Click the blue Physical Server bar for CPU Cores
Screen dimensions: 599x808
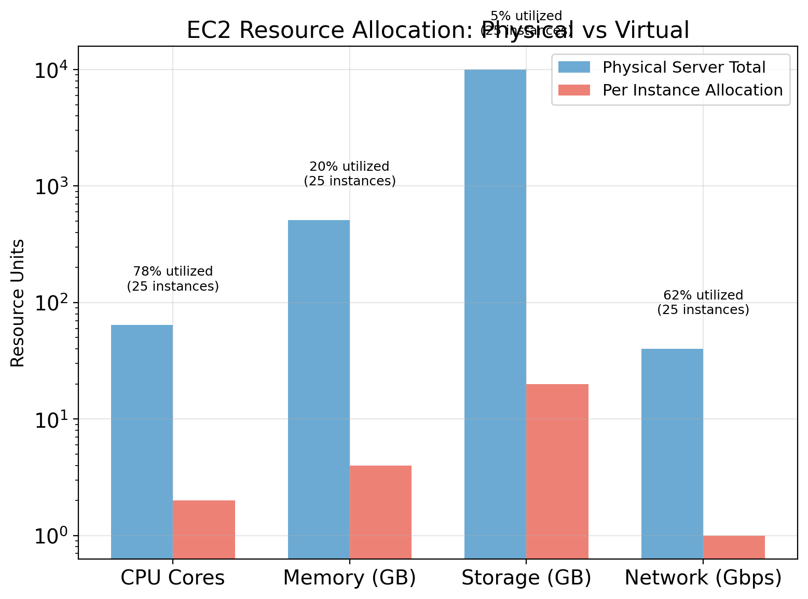142,441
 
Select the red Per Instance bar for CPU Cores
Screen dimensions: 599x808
204,529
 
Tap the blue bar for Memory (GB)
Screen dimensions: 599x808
319,389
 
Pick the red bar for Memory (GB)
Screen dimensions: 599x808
380,512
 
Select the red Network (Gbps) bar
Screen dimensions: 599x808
734,547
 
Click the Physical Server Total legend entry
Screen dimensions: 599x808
683,67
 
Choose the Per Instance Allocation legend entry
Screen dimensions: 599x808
692,90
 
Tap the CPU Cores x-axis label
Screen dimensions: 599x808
173,578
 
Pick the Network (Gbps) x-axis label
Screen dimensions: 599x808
703,578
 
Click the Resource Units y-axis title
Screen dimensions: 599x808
18,303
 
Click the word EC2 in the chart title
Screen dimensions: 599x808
210,31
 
